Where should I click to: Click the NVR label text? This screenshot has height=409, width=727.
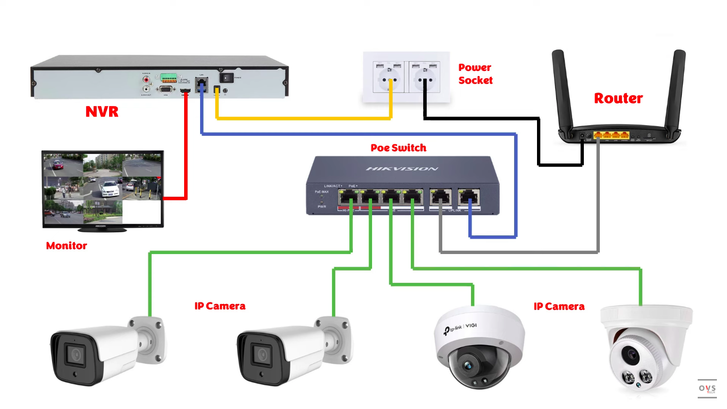click(102, 112)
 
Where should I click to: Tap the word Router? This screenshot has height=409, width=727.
click(618, 98)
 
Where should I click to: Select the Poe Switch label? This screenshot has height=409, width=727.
click(398, 148)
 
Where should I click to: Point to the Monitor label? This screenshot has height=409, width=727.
click(66, 246)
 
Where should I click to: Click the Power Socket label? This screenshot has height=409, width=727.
click(475, 74)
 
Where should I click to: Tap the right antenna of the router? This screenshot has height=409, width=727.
click(676, 91)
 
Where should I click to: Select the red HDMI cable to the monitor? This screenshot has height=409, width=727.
click(185, 154)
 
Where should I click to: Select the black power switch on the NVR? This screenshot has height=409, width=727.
click(227, 78)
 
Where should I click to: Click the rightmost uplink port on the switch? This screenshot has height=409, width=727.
click(467, 197)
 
